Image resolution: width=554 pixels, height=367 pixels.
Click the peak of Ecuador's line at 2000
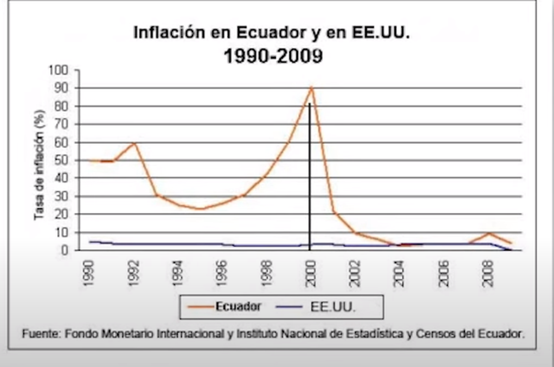[x=312, y=88]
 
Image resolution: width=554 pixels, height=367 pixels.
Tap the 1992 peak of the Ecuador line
[x=134, y=143]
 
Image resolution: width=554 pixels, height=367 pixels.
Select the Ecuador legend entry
[x=238, y=307]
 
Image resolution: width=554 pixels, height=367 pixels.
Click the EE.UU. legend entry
[x=331, y=307]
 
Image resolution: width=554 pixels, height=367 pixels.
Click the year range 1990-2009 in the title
[x=272, y=56]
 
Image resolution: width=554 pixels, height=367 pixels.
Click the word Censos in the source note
[x=435, y=334]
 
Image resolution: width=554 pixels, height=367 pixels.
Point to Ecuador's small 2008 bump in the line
[x=488, y=233]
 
